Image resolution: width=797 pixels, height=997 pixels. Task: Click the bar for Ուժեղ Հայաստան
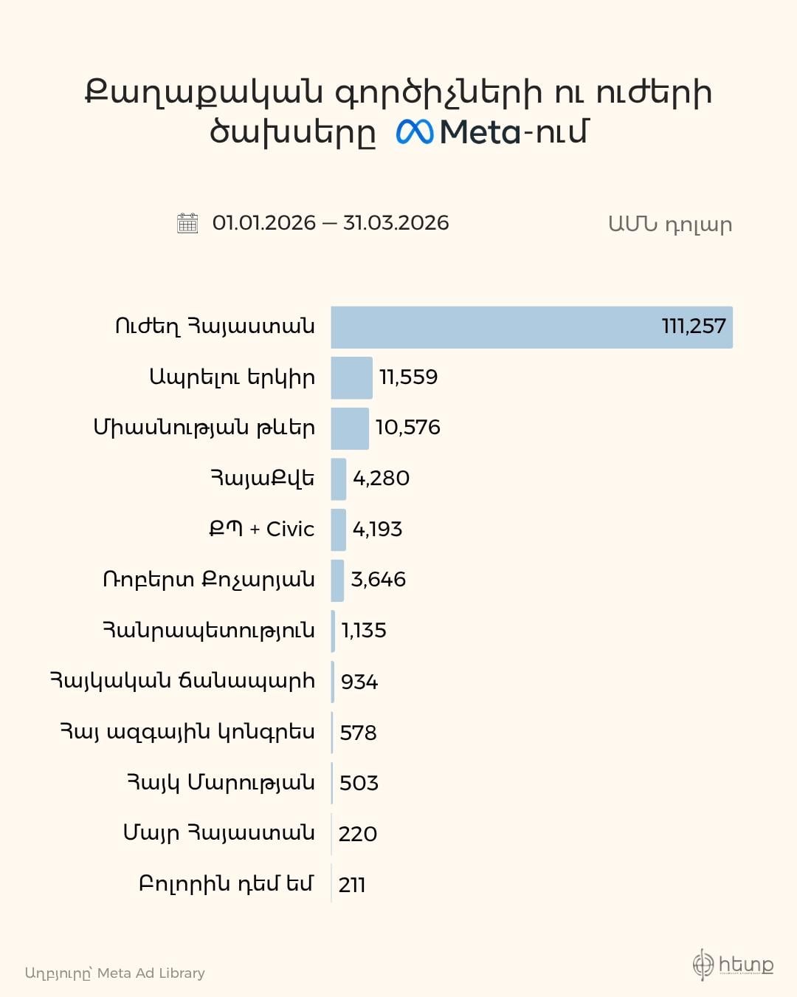[x=531, y=327]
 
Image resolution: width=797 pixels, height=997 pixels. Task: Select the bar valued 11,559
[x=351, y=377]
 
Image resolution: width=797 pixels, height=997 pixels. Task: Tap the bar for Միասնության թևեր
[x=350, y=428]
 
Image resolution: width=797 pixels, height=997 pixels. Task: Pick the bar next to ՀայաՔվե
[x=339, y=479]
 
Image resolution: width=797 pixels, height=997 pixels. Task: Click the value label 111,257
[x=694, y=326]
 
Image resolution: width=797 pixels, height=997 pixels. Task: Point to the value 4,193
[x=377, y=529]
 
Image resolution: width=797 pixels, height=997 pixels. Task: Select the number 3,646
[x=379, y=580]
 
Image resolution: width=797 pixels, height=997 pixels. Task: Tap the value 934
[x=359, y=682]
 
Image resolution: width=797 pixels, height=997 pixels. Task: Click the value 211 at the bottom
[x=352, y=885]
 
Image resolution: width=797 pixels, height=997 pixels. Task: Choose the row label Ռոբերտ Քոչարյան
[x=209, y=580]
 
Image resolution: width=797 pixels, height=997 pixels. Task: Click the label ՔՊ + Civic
[x=261, y=529]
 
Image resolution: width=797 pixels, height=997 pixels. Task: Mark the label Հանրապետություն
[x=209, y=631]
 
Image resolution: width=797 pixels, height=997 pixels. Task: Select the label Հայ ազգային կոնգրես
[x=187, y=732]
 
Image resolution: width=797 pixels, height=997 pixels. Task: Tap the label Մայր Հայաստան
[x=219, y=833]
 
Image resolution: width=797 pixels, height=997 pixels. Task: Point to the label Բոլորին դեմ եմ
[x=227, y=884]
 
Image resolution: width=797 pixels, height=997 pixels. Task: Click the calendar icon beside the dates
[x=188, y=223]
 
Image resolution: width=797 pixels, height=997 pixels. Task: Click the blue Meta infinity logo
[x=415, y=132]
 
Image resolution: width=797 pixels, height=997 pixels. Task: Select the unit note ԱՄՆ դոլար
[x=670, y=225]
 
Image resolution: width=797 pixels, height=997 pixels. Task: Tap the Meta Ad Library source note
[x=115, y=973]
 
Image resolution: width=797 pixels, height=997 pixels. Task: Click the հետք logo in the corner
[x=733, y=965]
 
